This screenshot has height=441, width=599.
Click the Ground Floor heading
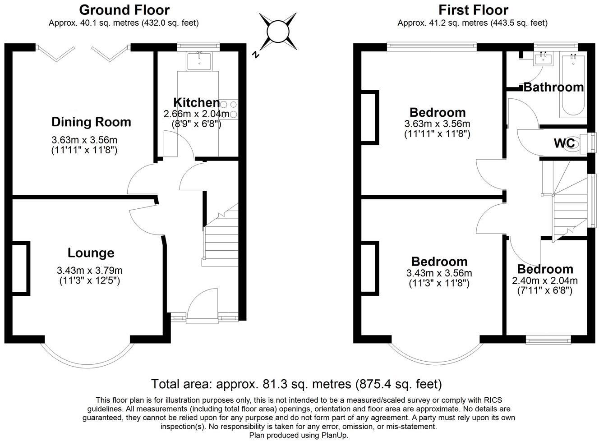tap(124, 10)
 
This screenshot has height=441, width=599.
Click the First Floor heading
tap(473, 10)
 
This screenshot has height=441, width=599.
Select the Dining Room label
tap(91, 122)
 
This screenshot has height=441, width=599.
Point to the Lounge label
tap(91, 253)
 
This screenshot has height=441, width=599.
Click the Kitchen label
tap(196, 102)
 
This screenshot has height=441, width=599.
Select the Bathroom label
tap(553, 87)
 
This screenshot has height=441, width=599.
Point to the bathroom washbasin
tap(544, 59)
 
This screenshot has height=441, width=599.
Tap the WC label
tap(564, 143)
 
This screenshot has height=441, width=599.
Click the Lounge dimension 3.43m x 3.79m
tap(90, 271)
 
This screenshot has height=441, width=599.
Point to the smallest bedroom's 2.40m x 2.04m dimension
tap(545, 280)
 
